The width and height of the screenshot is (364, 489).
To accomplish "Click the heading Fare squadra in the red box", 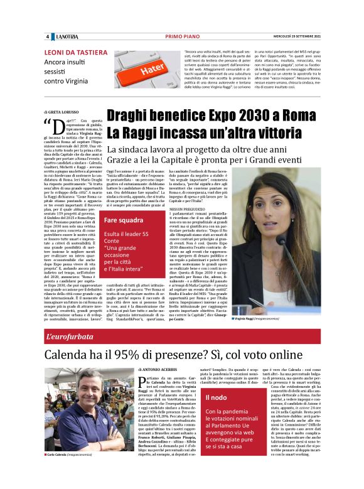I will pos(123,220).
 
